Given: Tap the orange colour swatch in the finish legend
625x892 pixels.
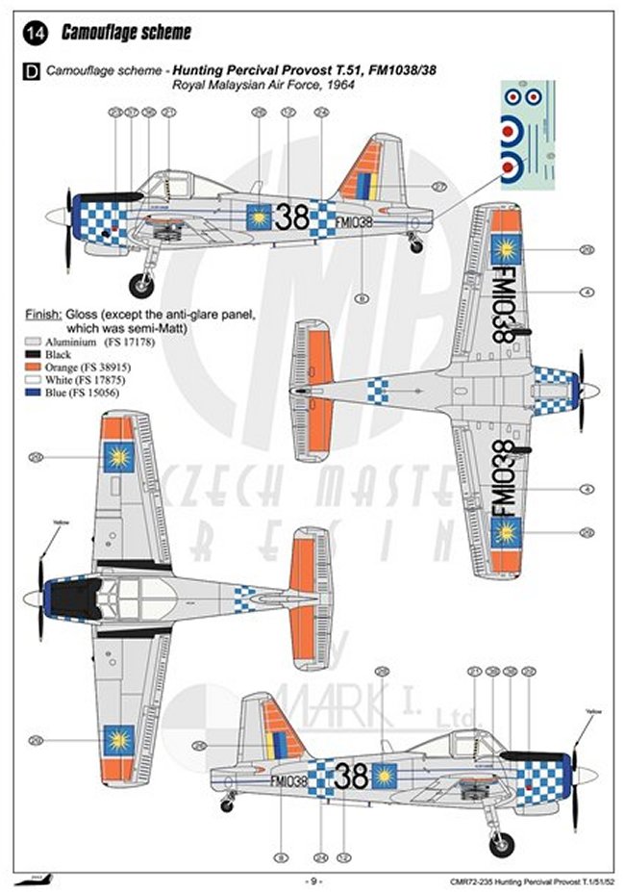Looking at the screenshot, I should (34, 367).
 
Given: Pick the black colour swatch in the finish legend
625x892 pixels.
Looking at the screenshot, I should (34, 354).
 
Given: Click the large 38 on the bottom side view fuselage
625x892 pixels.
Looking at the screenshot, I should (352, 776).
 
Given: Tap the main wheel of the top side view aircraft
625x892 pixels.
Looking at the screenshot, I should (141, 284).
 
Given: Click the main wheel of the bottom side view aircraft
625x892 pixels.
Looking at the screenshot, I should (501, 844).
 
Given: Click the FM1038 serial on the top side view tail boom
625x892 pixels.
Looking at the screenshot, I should (355, 221).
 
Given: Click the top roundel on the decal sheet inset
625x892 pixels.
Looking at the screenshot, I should (522, 96).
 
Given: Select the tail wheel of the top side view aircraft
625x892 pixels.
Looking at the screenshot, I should (416, 247).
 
